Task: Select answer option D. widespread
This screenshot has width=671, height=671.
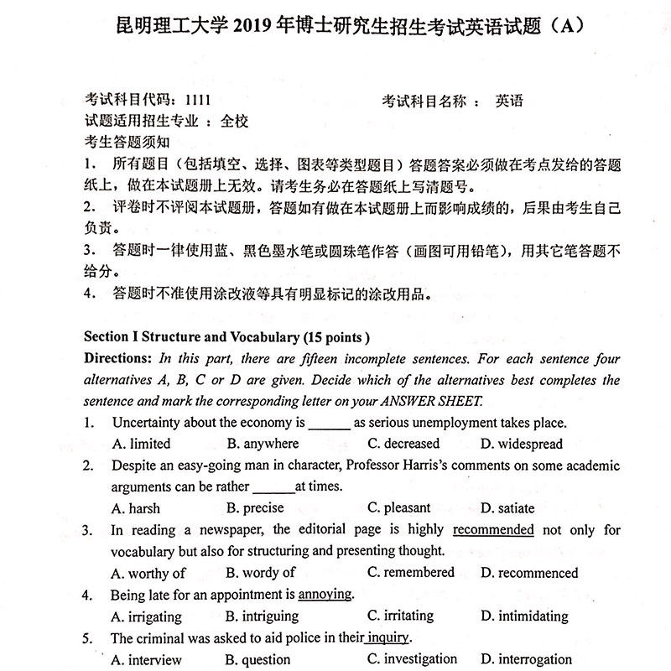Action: pos(521,444)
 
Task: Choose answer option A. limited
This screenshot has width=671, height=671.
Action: pos(140,444)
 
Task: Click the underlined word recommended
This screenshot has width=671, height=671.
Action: pos(493,530)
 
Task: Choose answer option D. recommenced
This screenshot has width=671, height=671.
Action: pos(528,573)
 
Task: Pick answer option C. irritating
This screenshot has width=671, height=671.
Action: pos(400,616)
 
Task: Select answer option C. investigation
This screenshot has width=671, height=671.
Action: pos(412,659)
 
